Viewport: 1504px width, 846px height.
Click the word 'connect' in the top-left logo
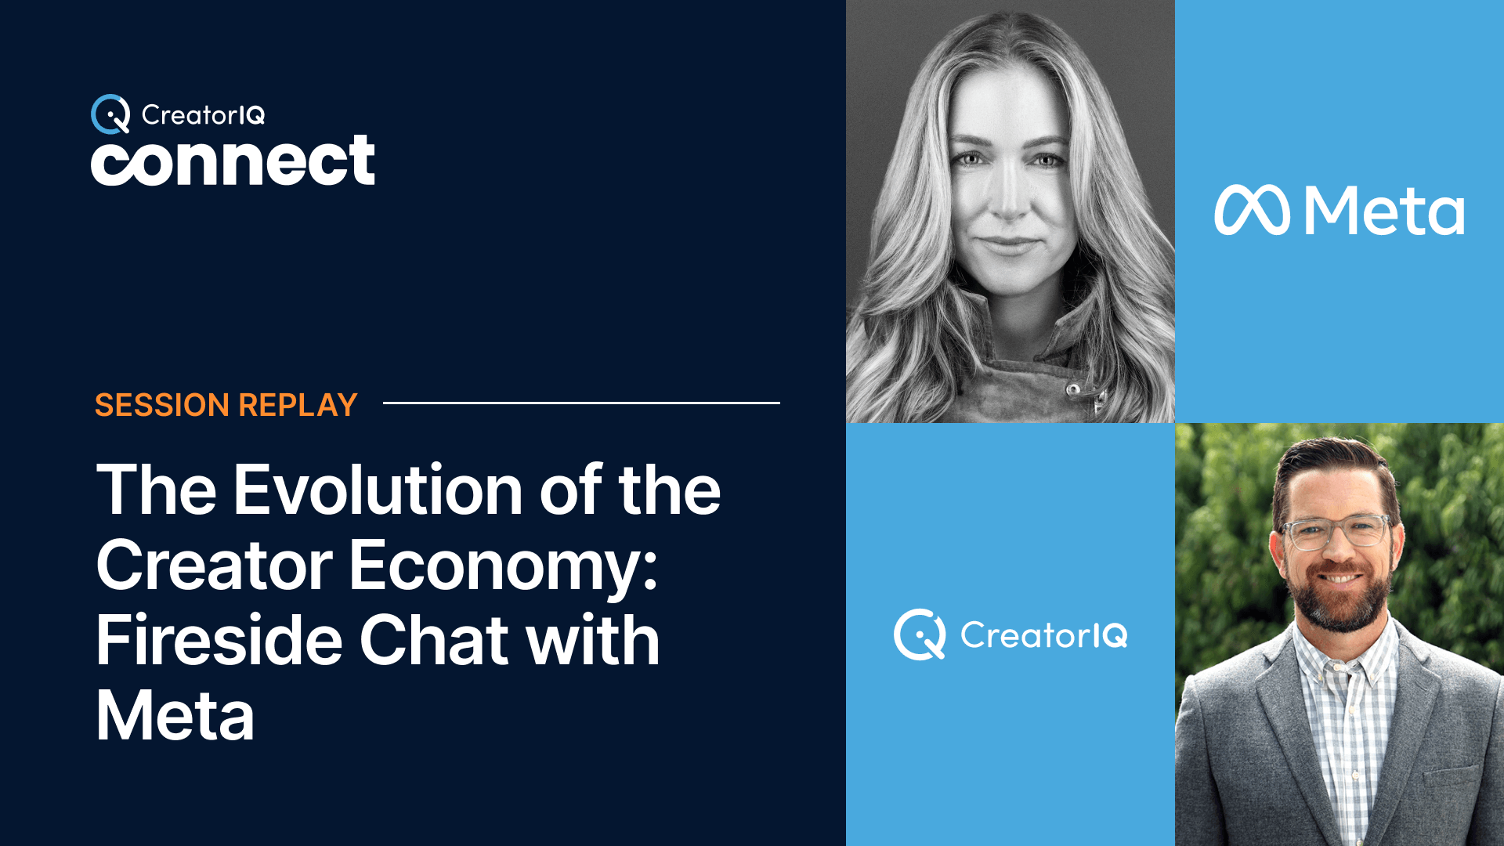tap(233, 161)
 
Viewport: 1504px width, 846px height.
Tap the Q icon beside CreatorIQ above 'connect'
tap(110, 114)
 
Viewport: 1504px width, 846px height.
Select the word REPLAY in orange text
tap(298, 405)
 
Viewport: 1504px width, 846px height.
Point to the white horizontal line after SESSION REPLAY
tap(581, 403)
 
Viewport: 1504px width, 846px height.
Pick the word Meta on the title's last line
tap(175, 715)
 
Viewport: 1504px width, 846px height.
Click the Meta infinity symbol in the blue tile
tap(1252, 210)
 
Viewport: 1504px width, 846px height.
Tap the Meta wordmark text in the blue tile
tap(1384, 211)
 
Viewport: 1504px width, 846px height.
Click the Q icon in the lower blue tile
tap(920, 634)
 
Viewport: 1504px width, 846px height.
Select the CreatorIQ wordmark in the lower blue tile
tap(1044, 634)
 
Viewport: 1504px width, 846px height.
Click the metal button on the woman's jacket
tap(1074, 388)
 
